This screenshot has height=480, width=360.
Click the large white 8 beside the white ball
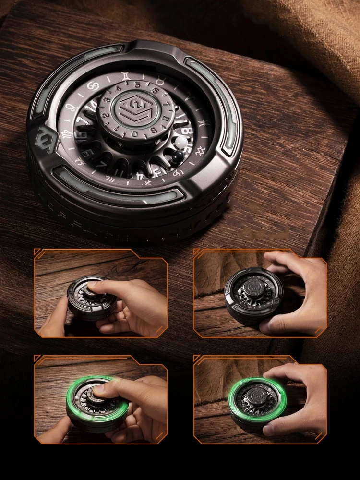tap(188, 130)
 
